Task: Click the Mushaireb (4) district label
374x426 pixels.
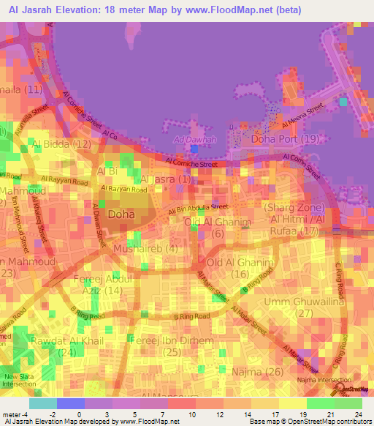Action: pos(146,249)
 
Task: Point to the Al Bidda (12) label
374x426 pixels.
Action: pos(62,144)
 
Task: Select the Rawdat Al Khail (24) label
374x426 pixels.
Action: pos(68,344)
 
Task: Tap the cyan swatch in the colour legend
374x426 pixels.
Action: pos(43,403)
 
